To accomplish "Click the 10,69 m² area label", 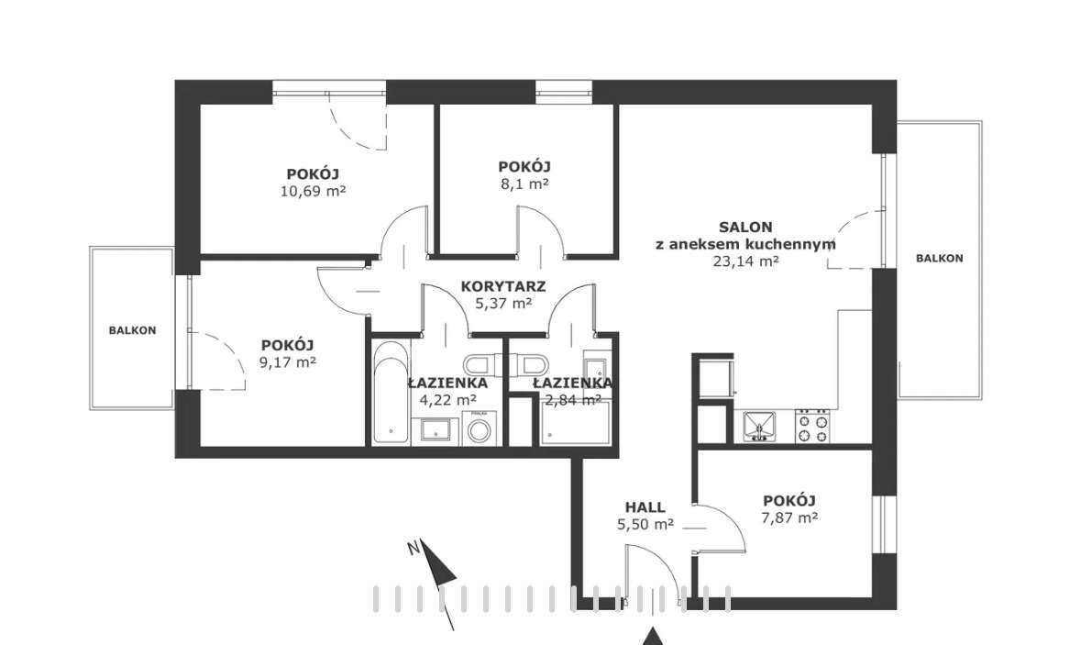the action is point(313,191).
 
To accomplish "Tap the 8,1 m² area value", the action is point(524,183).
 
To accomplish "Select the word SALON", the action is point(745,227).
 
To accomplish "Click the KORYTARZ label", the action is point(503,286).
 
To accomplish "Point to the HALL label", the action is point(645,507).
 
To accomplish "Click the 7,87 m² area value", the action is point(789,518).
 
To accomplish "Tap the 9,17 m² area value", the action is point(288,362).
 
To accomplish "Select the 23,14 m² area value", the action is point(746,261).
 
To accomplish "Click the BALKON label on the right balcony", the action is point(940,258).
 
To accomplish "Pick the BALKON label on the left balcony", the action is point(132,330).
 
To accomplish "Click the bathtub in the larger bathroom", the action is point(391,393).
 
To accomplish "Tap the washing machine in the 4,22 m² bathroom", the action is point(478,428).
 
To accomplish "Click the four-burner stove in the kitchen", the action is point(812,427).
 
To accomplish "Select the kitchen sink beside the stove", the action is point(759,427).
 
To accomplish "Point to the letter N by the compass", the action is point(414,548).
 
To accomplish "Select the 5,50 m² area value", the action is point(645,524).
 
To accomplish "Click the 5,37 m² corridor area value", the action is point(503,303).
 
